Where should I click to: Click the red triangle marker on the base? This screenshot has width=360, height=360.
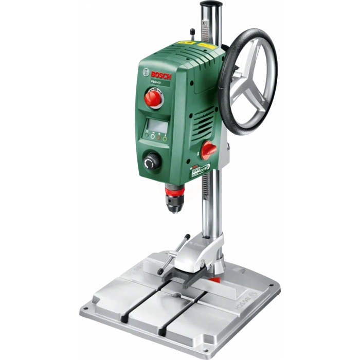(217, 280)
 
